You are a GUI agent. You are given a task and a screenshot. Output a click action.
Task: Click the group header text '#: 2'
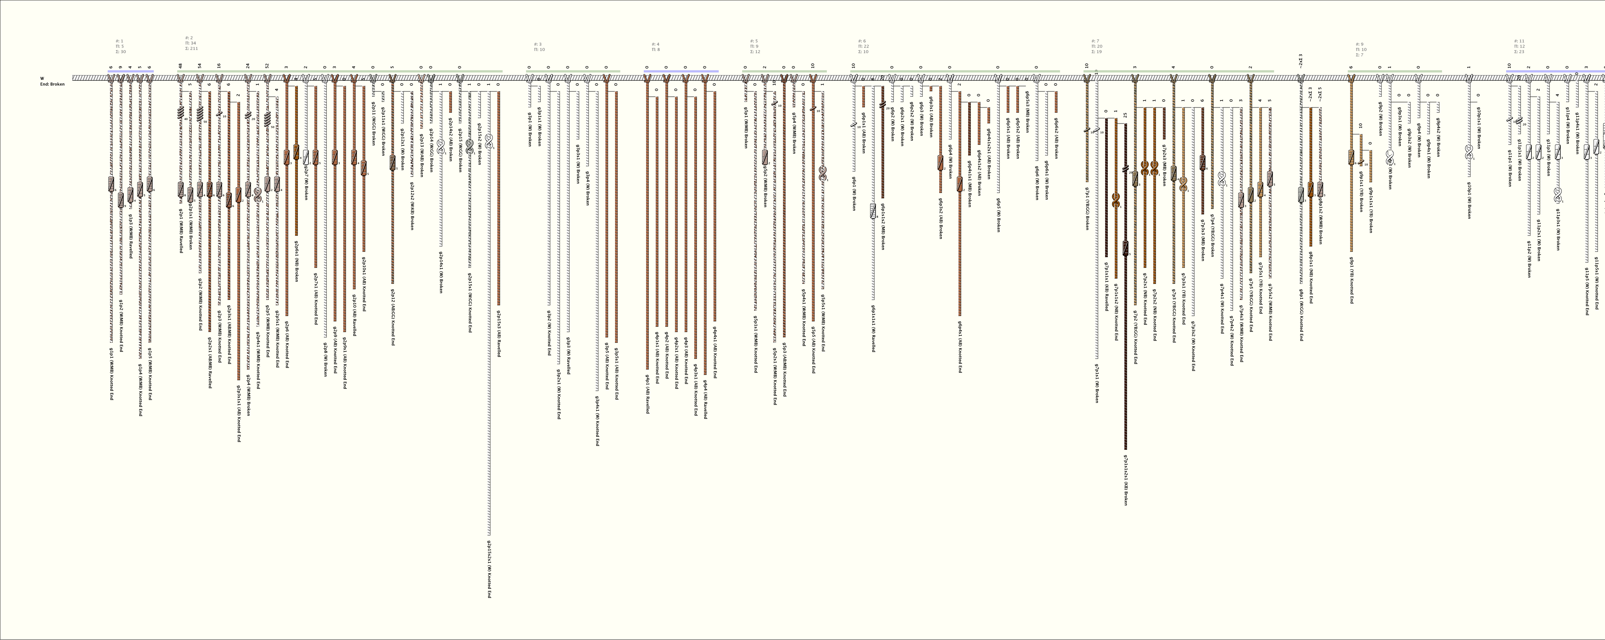pos(189,38)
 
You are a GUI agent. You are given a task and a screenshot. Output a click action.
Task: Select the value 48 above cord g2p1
pos(180,65)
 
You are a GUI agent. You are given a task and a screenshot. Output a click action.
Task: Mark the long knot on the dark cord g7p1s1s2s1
pos(1125,248)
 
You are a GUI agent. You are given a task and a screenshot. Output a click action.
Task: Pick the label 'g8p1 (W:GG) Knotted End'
pos(1301,315)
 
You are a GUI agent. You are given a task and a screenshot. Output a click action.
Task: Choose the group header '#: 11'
pos(1518,41)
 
